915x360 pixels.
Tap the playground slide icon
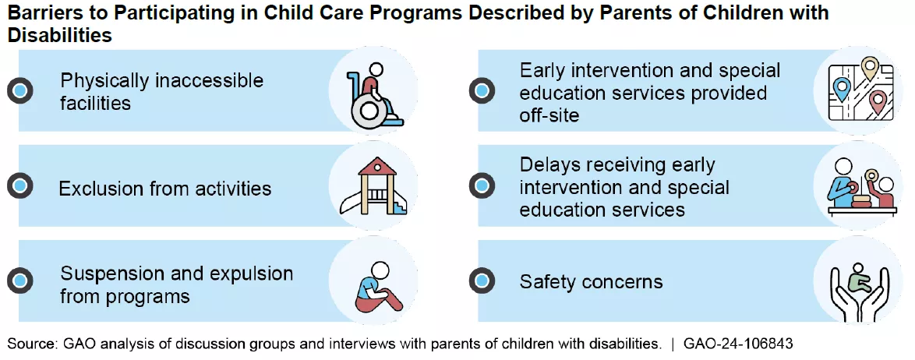(x=373, y=185)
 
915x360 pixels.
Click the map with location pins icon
(x=860, y=90)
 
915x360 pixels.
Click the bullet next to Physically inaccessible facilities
(x=19, y=90)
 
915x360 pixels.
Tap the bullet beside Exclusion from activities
(x=19, y=186)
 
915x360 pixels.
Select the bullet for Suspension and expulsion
(x=19, y=281)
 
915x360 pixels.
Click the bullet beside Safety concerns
(x=482, y=281)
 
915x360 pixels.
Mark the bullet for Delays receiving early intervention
(x=482, y=186)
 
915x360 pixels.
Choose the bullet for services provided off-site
(x=482, y=90)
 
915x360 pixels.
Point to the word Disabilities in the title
(x=59, y=35)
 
